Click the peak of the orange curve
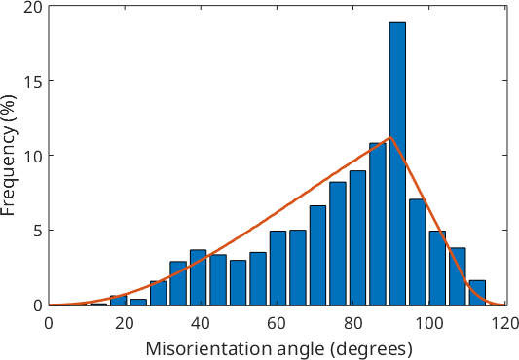pos(389,137)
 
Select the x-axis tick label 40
pos(201,324)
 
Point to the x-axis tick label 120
pos(504,324)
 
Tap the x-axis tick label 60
pos(277,324)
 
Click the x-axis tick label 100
pos(428,324)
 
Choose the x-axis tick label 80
pos(352,324)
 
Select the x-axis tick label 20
pos(125,324)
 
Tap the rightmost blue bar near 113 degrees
pos(477,293)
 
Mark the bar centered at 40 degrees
pos(198,277)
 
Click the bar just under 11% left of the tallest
pos(378,224)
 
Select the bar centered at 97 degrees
pos(418,252)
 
